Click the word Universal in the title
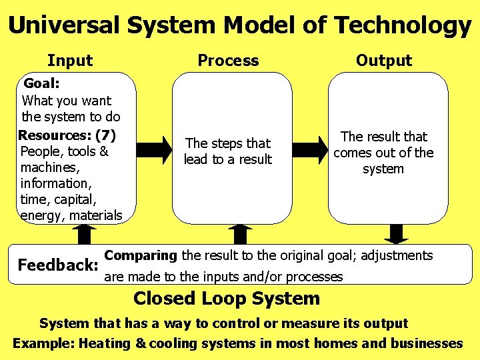point(65,25)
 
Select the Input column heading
point(70,61)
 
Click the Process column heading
point(228,61)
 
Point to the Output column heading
point(384,61)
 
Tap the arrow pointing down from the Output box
point(397,234)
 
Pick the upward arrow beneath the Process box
point(240,235)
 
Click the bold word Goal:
point(42,84)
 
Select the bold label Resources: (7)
point(67,135)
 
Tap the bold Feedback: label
point(58,265)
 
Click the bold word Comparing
point(141,255)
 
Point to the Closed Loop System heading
point(227,299)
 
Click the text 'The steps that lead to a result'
point(228,151)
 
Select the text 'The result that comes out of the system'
point(383,153)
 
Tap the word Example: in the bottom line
point(43,344)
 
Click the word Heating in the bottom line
point(105,344)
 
